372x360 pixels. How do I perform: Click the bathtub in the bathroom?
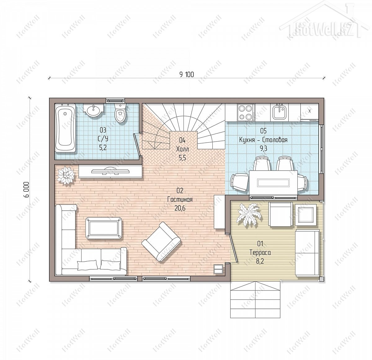point(65,128)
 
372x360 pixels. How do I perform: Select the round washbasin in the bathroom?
point(94,110)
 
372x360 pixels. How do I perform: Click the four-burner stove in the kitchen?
point(246,113)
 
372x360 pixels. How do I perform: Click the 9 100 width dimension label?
point(187,74)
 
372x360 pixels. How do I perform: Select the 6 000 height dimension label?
point(27,190)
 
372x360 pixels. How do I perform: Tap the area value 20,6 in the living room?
point(180,208)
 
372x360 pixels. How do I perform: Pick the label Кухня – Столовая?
point(263,140)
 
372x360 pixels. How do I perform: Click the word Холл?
point(182,149)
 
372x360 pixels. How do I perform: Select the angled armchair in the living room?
point(161,241)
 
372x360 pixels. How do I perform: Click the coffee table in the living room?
point(104,228)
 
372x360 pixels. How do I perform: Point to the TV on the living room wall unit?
point(110,171)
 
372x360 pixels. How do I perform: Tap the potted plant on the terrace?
point(249,215)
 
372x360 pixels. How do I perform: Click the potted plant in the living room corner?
point(66,175)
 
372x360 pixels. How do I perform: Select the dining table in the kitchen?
point(273,182)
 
